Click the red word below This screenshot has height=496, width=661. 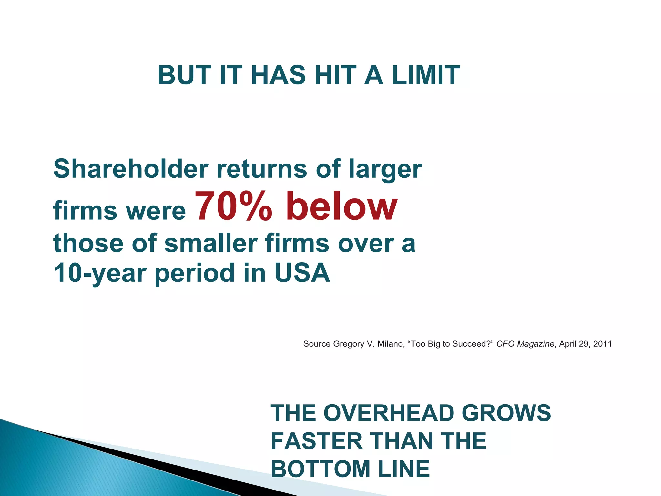click(341, 206)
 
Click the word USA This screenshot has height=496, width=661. click(302, 272)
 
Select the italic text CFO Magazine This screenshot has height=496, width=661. click(525, 344)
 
